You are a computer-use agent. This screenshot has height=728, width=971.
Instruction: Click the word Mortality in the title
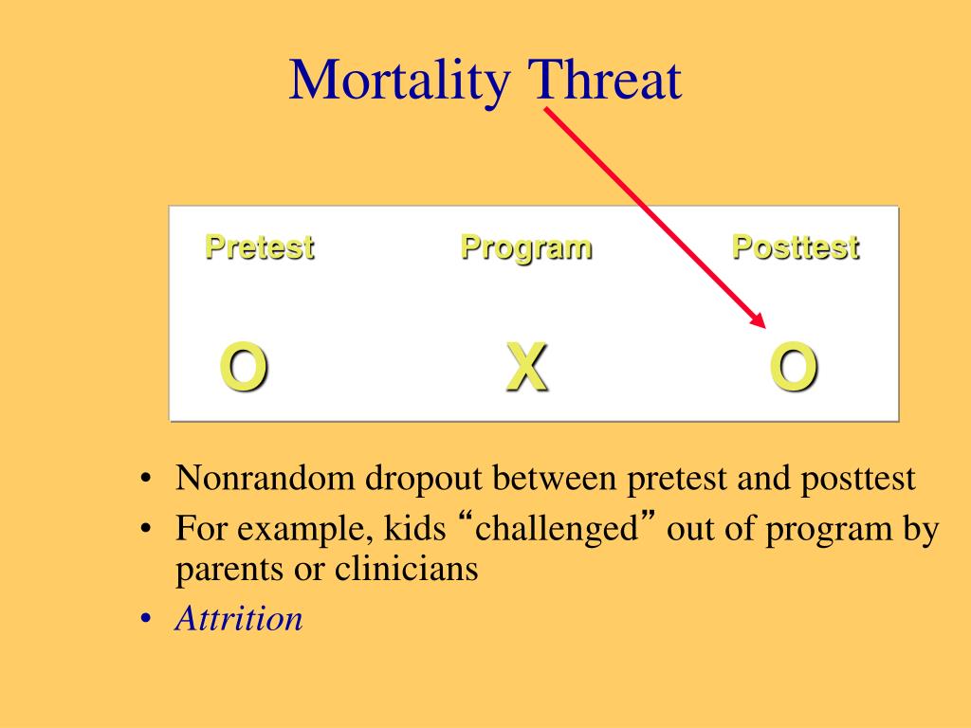400,81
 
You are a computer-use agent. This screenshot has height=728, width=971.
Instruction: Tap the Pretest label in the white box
260,247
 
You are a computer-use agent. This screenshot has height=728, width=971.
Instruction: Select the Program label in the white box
526,248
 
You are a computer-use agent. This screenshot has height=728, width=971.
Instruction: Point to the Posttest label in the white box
796,247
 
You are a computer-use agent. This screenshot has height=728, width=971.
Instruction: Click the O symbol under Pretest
244,367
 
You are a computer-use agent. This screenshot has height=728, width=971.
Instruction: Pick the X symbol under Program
527,367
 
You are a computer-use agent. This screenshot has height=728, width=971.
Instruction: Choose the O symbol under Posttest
794,367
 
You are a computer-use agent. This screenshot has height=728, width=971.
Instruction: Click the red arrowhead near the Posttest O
759,320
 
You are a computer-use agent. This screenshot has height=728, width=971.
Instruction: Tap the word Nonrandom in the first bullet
266,478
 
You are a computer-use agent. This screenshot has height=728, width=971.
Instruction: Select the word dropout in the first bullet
424,479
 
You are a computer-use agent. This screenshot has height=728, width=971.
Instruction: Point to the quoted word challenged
556,529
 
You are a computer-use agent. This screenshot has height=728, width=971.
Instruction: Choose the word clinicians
406,569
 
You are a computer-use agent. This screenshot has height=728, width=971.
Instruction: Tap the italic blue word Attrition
239,618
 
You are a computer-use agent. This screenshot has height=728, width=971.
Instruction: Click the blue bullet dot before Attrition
145,618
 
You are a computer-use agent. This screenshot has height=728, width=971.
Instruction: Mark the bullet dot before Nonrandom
145,479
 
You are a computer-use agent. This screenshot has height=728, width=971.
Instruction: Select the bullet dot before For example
145,529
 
